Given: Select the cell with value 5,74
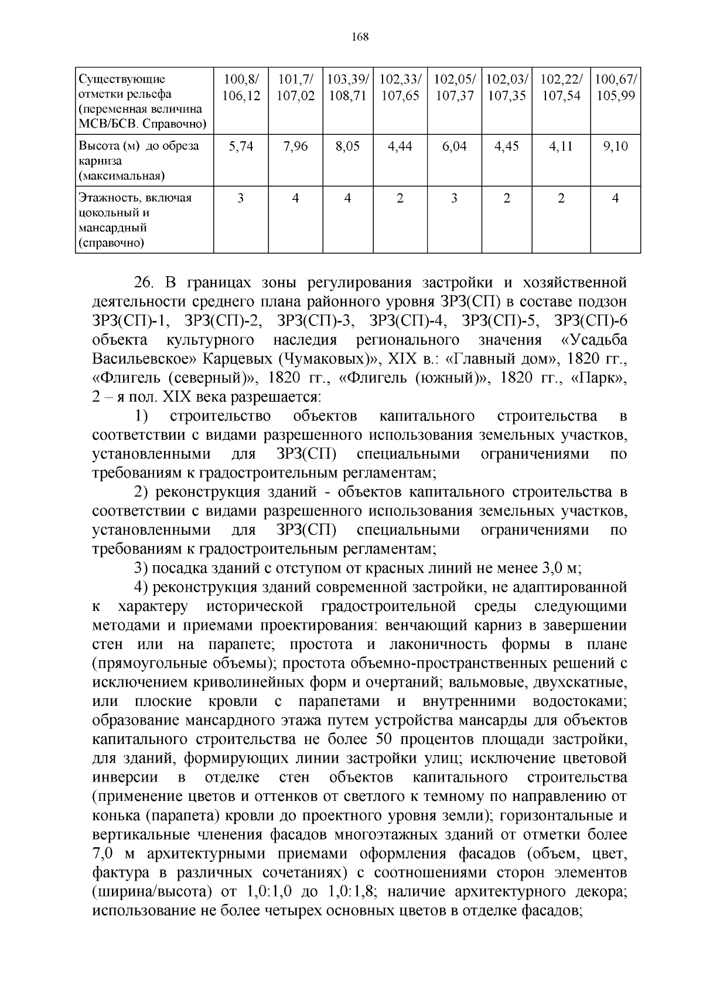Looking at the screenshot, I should [x=241, y=147].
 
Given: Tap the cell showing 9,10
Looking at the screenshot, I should [x=615, y=147].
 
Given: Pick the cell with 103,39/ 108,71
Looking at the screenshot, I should [x=348, y=87].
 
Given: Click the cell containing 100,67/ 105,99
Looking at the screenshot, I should [x=615, y=87].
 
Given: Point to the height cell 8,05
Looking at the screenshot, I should [x=348, y=147].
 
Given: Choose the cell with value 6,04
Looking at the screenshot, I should [x=455, y=147].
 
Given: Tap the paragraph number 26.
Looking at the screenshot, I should [x=144, y=283].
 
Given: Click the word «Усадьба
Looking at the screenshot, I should [x=594, y=340].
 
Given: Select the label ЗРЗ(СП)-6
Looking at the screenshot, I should [x=591, y=321].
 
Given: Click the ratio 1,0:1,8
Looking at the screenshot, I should [x=349, y=892].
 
